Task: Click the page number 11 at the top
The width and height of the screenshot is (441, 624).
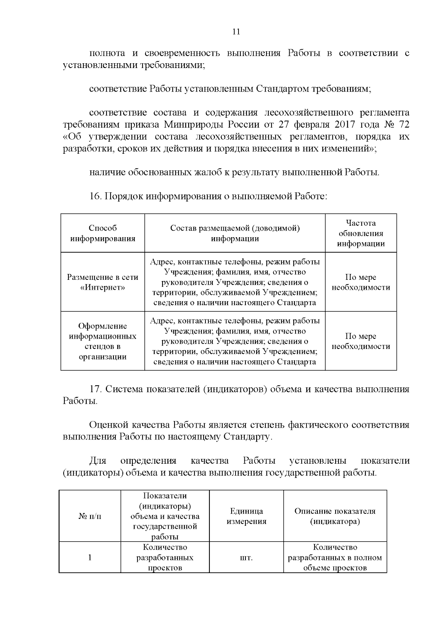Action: [236, 32]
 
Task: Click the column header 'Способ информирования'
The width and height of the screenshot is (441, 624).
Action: [103, 233]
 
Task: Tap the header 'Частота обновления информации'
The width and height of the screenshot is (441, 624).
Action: [361, 233]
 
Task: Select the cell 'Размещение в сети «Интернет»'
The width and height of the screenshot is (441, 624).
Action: [103, 282]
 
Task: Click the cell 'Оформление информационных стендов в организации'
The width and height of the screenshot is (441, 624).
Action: [103, 341]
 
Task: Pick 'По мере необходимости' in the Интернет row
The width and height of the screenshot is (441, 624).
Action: [361, 282]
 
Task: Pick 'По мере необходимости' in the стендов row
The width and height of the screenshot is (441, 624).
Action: [361, 341]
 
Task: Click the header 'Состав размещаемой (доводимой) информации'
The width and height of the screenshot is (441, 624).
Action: [235, 233]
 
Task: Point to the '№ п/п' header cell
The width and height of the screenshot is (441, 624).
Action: [90, 516]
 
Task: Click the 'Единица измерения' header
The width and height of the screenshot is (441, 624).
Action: [246, 516]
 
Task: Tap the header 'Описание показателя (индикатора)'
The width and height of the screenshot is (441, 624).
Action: [335, 516]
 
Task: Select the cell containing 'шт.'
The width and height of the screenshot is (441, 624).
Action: [246, 557]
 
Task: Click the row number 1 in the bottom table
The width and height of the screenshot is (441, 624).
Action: [90, 557]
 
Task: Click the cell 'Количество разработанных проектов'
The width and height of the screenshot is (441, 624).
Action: [165, 557]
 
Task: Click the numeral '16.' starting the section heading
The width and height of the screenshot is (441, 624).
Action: [95, 196]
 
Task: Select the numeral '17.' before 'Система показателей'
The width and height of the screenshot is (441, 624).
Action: [96, 389]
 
